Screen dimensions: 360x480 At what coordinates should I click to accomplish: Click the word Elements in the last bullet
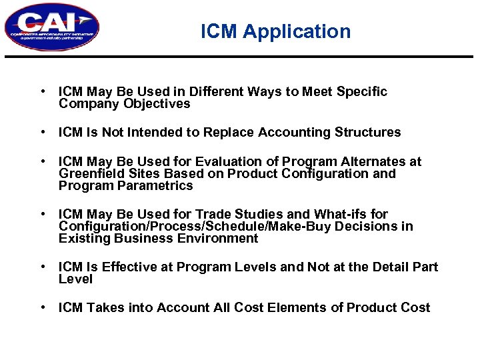pos(296,308)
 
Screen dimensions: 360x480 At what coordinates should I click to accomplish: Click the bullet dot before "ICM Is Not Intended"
pos(42,133)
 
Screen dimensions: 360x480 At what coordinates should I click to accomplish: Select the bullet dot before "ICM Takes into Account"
pos(42,308)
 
